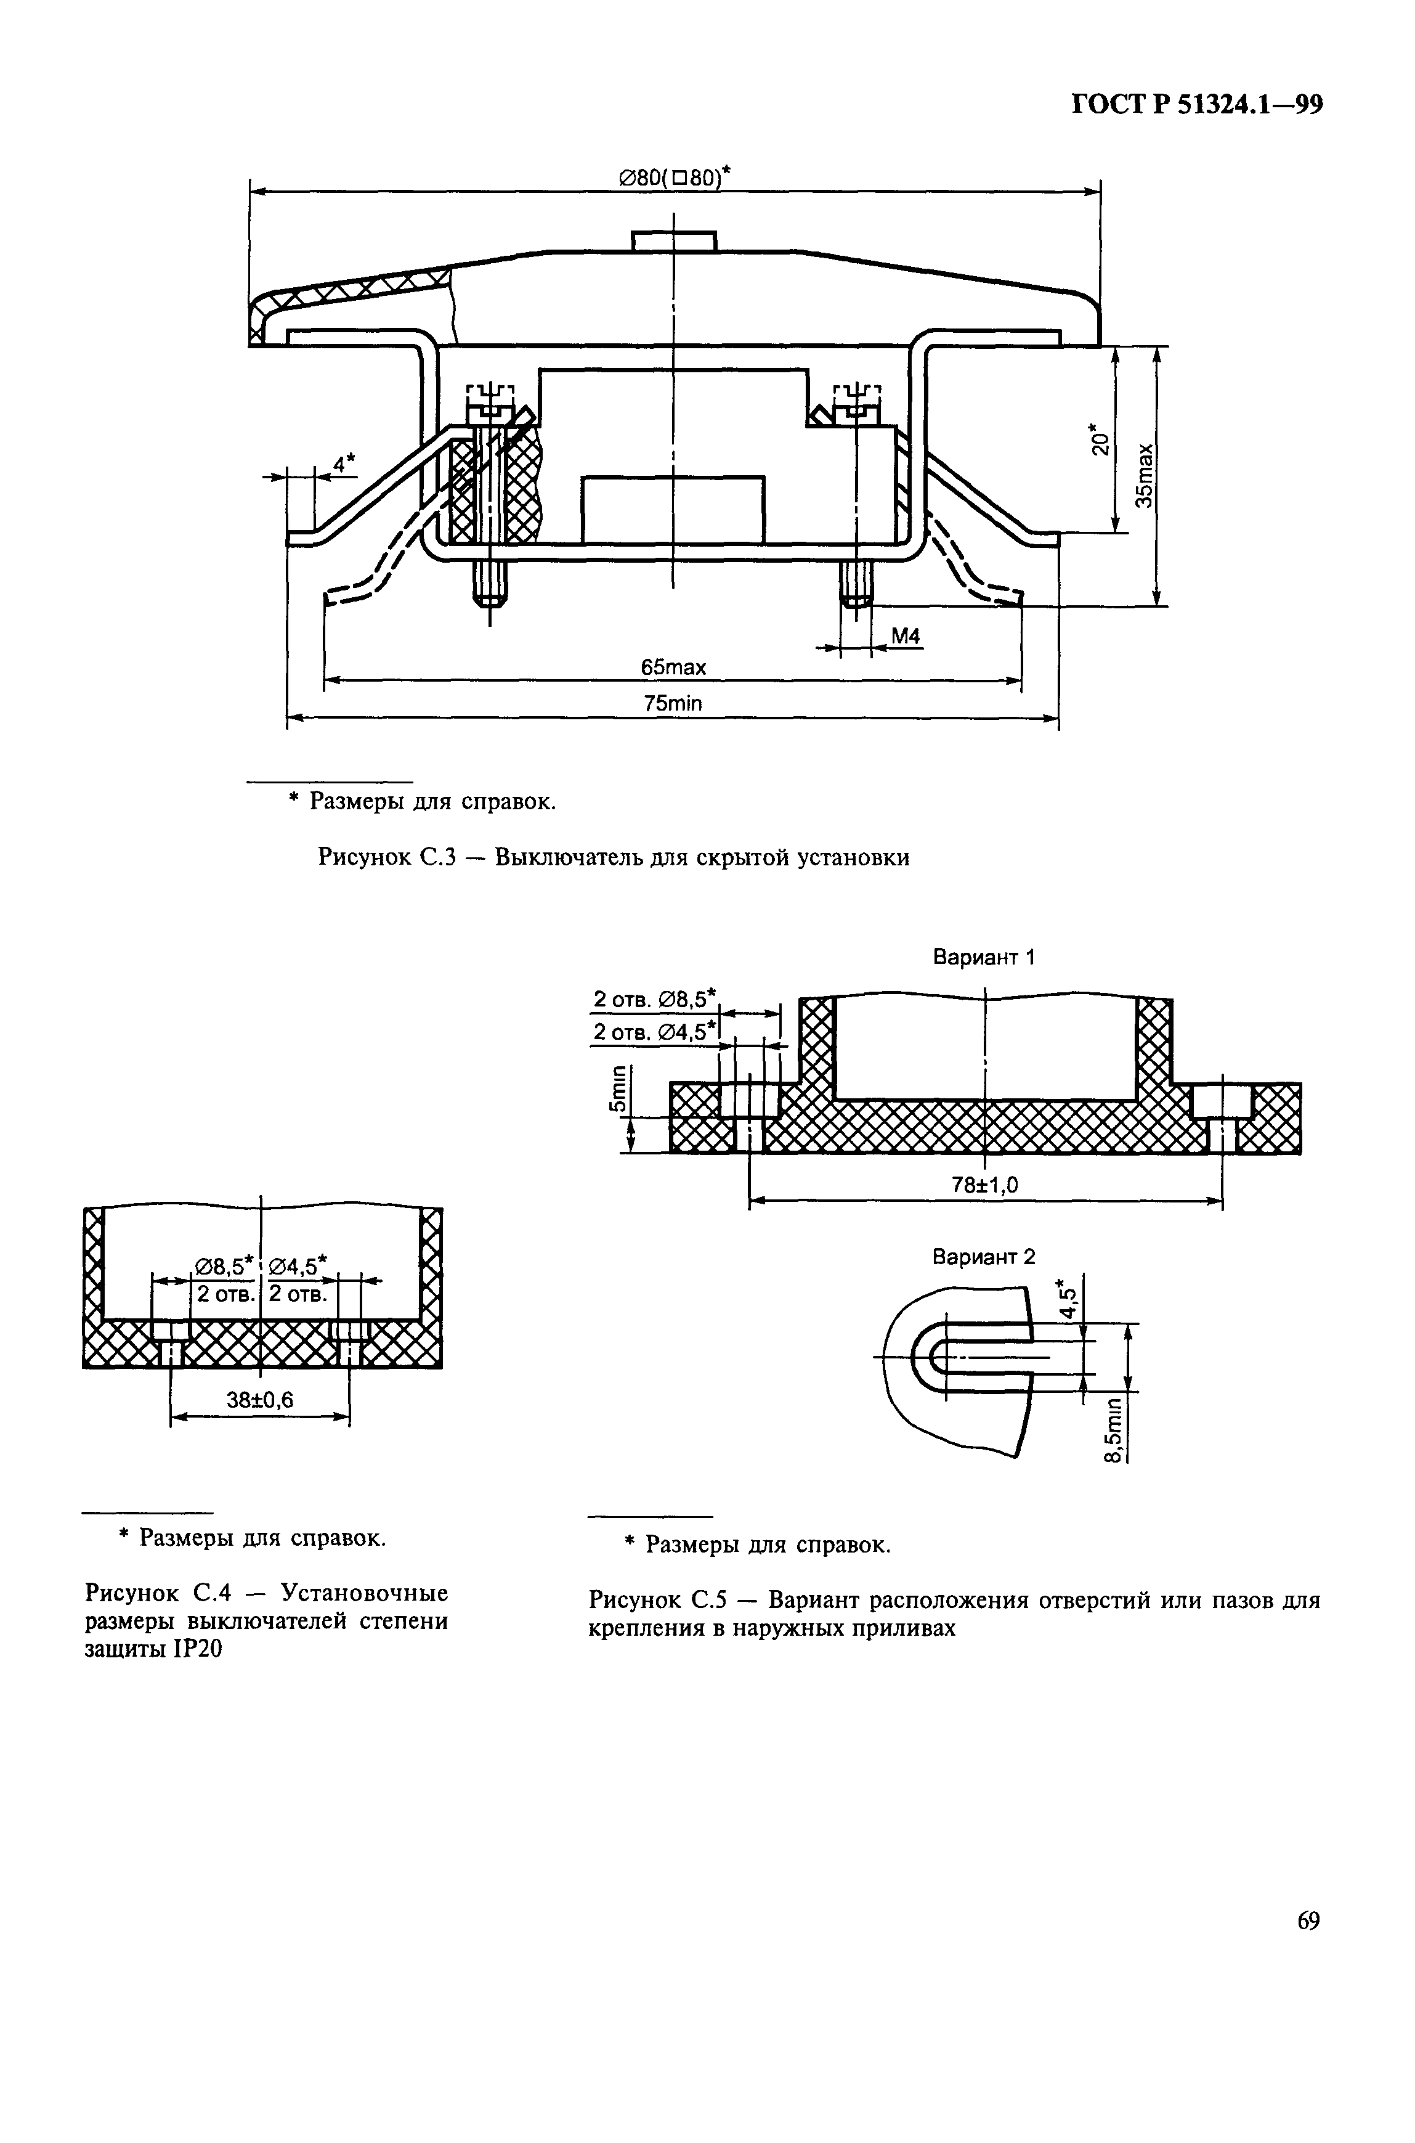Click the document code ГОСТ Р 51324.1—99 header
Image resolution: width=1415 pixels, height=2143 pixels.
[1196, 105]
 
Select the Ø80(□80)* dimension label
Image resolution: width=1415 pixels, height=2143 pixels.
[673, 178]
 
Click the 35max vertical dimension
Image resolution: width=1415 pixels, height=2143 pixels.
[1145, 476]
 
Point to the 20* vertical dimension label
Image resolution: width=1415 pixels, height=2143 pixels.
[1098, 439]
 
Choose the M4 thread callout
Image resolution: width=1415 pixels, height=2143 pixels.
[905, 637]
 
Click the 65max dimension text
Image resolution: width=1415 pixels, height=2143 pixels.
[673, 667]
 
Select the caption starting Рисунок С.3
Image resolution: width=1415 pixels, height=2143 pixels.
[613, 857]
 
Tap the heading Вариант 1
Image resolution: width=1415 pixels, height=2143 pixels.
[984, 958]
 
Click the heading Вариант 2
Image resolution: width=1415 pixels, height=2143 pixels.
[984, 1257]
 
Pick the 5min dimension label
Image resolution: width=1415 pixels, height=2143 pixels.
[618, 1090]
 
